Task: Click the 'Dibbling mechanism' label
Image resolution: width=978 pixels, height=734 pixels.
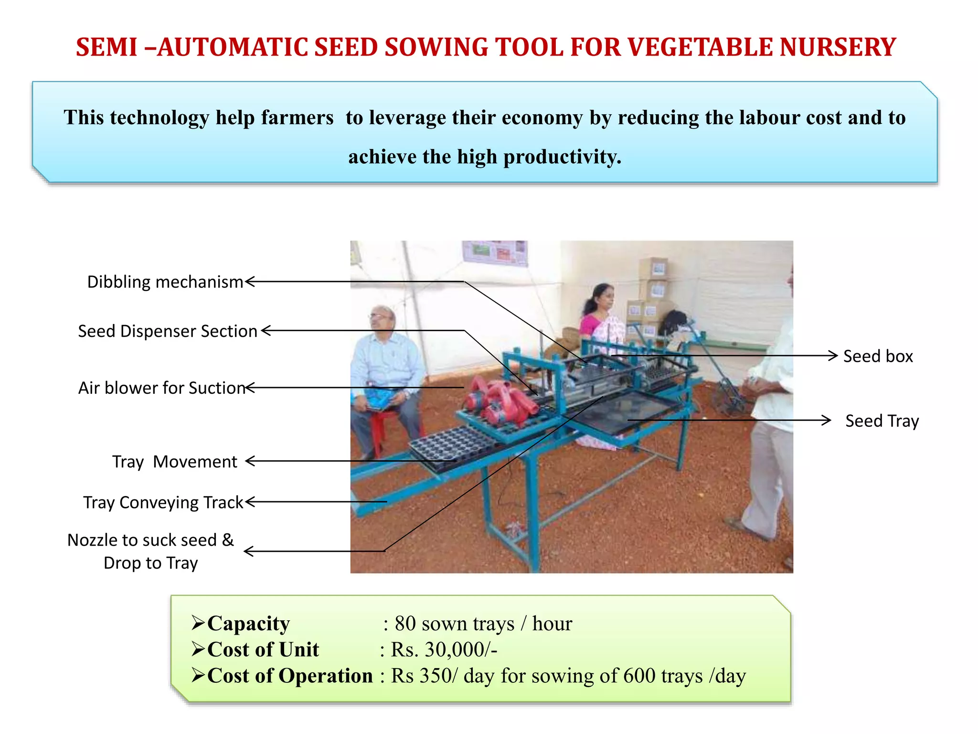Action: coord(165,282)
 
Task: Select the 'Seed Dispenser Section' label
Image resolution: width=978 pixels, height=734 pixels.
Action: coord(168,331)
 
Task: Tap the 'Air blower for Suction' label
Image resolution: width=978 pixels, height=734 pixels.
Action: coord(162,388)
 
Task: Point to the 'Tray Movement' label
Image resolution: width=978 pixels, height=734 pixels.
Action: coord(175,462)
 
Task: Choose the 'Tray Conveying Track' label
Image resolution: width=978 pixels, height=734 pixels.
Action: coord(163,503)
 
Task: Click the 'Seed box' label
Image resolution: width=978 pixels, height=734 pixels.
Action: coord(878,356)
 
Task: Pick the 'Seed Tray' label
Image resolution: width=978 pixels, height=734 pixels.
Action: coord(882,421)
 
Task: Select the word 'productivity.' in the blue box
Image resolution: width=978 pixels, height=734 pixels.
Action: coord(563,157)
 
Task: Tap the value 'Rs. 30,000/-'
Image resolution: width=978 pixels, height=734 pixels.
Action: coord(444,650)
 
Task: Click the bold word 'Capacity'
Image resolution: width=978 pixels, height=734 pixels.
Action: coord(248,624)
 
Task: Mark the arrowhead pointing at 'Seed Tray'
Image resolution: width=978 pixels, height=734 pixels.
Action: coord(826,421)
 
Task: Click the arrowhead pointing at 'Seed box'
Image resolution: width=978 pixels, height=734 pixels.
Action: coord(833,356)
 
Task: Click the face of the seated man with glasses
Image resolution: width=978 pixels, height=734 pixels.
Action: coord(382,319)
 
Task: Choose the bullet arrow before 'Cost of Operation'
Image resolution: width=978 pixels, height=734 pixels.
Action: coord(198,675)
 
